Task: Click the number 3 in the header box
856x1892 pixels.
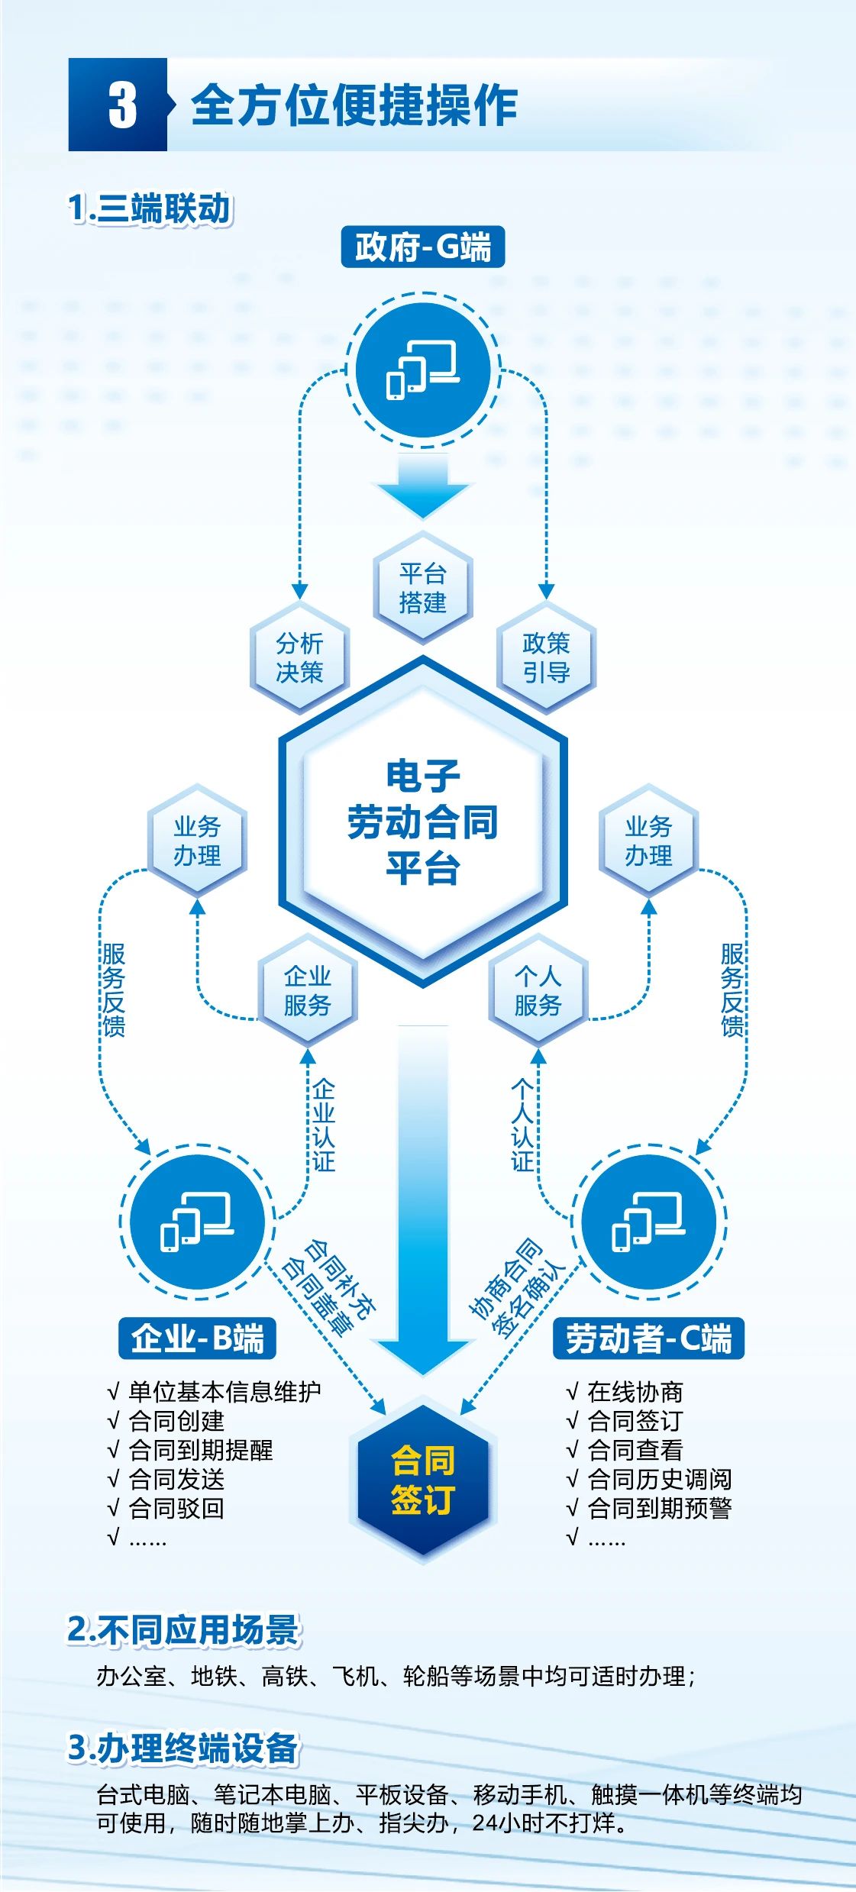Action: [121, 105]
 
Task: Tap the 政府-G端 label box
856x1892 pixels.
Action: [422, 247]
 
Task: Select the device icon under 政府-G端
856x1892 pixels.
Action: [423, 371]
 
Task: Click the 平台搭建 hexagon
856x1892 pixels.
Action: [423, 587]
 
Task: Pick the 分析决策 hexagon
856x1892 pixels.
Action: [299, 657]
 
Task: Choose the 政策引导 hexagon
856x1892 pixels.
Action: [546, 657]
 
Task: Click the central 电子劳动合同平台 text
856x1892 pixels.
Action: [423, 822]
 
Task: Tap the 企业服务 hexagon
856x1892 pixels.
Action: [307, 990]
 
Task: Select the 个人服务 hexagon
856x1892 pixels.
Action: [538, 990]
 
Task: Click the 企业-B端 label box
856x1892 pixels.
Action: [197, 1338]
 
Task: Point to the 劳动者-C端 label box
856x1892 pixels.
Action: [648, 1338]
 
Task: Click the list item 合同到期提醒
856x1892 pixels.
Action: [200, 1449]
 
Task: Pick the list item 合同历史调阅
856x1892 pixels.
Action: [659, 1478]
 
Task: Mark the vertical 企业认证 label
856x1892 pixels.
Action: [323, 1124]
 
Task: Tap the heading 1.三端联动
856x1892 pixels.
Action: [149, 208]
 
